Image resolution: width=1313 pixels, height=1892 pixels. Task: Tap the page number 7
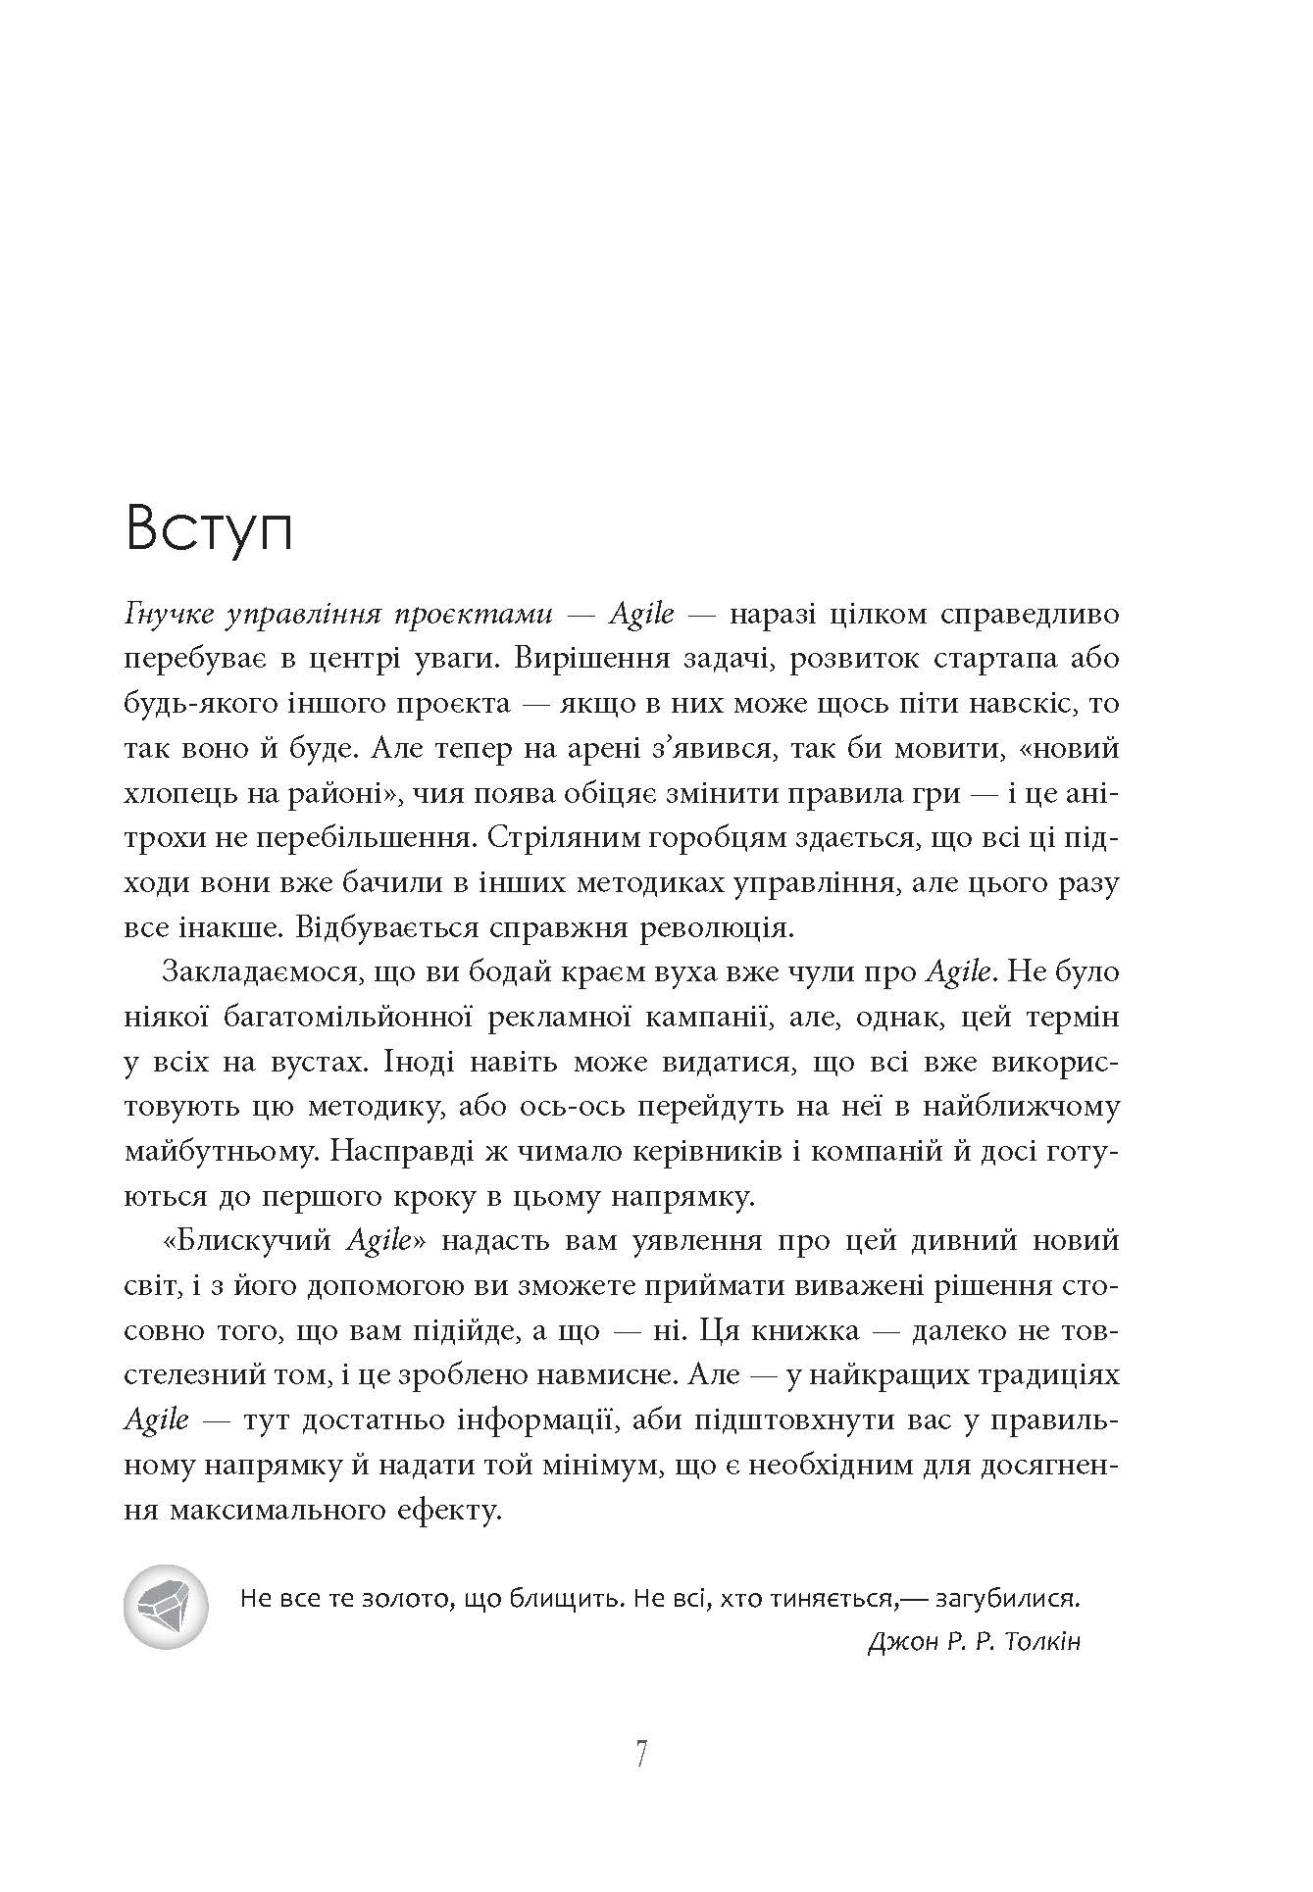pos(641,1754)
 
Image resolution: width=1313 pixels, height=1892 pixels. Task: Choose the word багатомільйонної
pos(350,1017)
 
